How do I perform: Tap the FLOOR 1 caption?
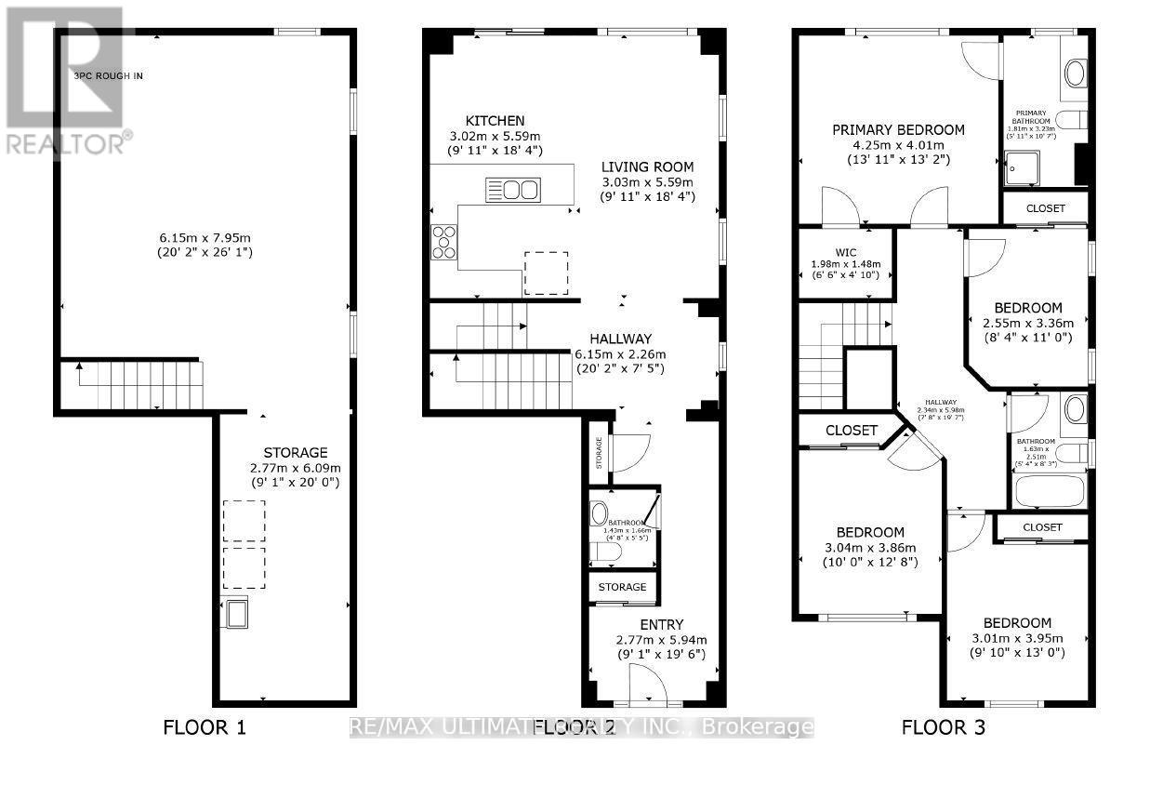205,727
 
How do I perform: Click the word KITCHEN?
495,121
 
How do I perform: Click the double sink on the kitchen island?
511,191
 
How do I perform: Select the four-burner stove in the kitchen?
444,242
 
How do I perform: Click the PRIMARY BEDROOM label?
898,130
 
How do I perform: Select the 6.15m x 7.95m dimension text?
205,237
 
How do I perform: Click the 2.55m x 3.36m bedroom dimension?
1027,324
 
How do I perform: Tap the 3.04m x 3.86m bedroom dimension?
869,548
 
